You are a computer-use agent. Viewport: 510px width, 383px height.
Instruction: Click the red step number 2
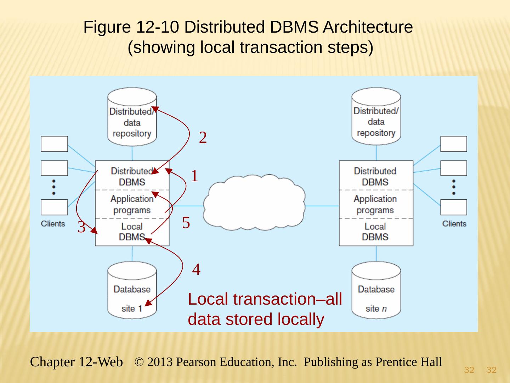point(203,138)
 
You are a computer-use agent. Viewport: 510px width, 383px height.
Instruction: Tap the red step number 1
point(194,176)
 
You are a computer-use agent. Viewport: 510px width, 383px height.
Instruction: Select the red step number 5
point(186,223)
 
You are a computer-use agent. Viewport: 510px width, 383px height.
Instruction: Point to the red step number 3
point(81,227)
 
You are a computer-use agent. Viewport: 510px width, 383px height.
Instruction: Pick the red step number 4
point(196,270)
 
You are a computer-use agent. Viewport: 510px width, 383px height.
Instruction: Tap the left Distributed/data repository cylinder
point(132,117)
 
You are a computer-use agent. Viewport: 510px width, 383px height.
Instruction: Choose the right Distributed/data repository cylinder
point(376,117)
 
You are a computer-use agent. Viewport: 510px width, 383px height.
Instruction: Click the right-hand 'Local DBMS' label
point(375,232)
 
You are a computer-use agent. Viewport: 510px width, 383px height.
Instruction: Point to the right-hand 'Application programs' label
point(375,204)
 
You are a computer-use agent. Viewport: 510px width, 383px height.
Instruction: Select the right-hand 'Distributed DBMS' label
point(375,176)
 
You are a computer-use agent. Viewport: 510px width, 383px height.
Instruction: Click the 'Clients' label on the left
point(53,224)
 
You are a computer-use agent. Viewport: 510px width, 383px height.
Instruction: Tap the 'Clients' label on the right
point(454,224)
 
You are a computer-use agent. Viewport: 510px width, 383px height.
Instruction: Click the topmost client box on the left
point(54,144)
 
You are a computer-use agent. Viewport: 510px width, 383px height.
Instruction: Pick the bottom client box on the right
point(454,207)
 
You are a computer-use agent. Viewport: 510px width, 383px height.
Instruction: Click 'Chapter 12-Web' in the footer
point(76,362)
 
